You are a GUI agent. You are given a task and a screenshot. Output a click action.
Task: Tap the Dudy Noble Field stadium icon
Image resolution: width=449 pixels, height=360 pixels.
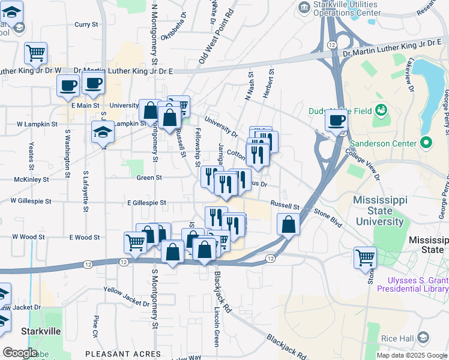pyautogui.click(x=380, y=110)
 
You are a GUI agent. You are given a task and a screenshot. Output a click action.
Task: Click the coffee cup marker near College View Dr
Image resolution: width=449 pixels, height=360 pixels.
pyautogui.click(x=336, y=121)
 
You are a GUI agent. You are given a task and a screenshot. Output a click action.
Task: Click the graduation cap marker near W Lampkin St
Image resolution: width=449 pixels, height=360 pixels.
pyautogui.click(x=103, y=132)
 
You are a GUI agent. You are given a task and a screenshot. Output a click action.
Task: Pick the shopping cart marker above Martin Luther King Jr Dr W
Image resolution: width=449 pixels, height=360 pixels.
pyautogui.click(x=36, y=53)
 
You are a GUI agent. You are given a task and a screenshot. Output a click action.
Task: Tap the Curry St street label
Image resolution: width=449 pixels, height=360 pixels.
pyautogui.click(x=86, y=25)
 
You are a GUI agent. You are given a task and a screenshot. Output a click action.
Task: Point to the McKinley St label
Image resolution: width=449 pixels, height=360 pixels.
pyautogui.click(x=26, y=178)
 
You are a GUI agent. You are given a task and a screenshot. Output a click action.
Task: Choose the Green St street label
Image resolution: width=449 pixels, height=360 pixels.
pyautogui.click(x=149, y=178)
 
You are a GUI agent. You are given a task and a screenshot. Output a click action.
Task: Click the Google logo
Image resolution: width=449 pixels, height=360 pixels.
pyautogui.click(x=20, y=353)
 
